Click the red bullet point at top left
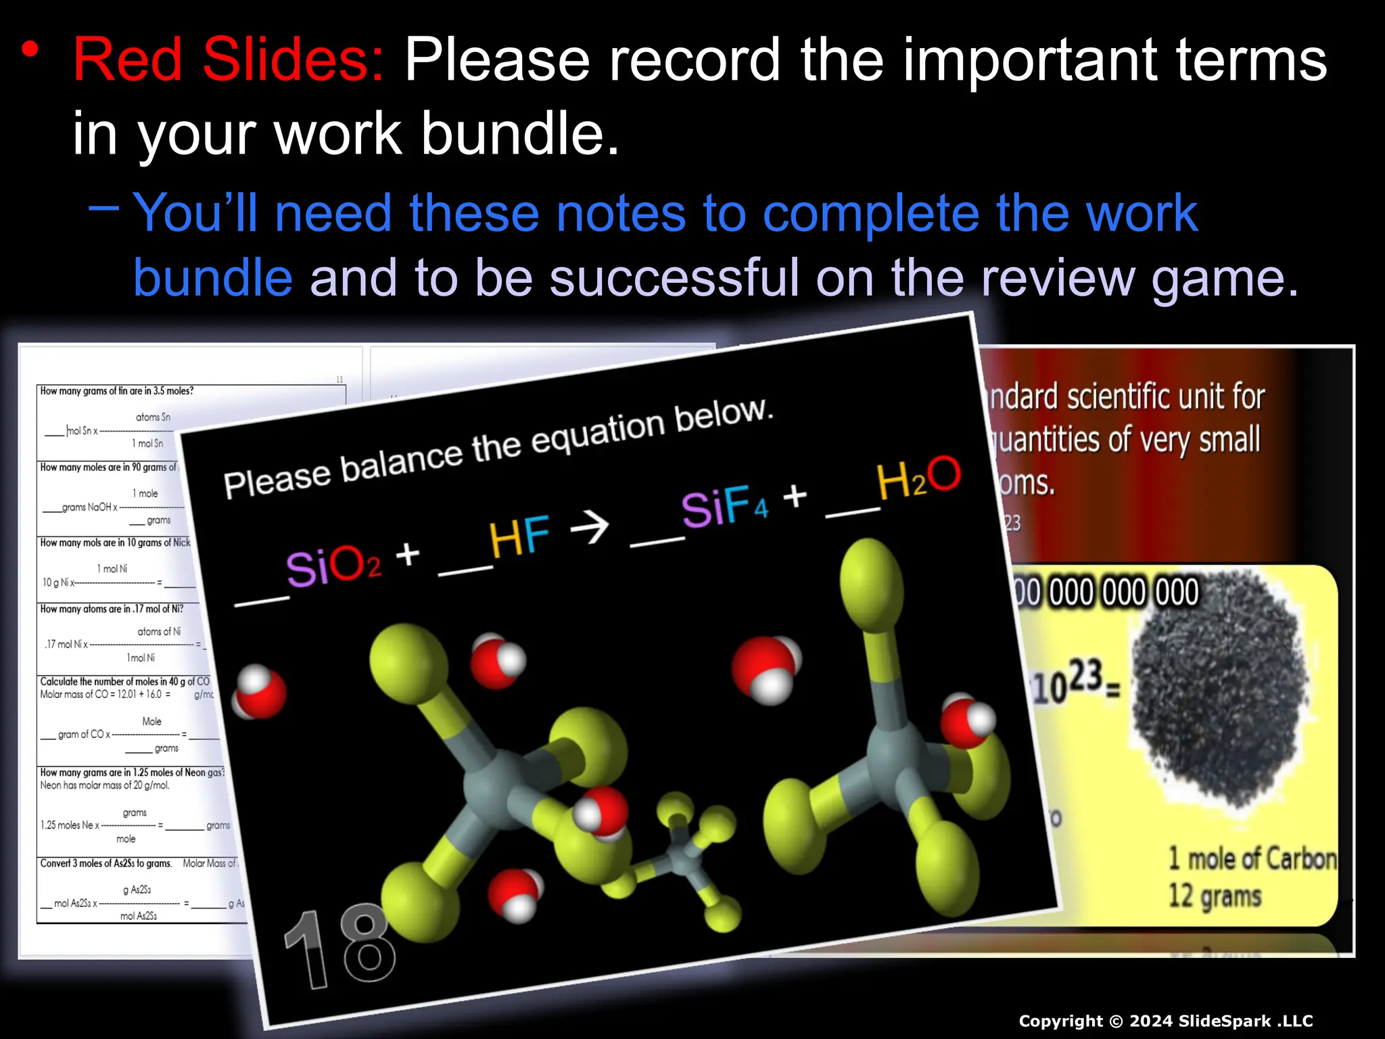point(30,50)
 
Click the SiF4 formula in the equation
point(724,505)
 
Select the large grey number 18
point(339,947)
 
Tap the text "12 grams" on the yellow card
point(1215,896)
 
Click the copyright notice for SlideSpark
point(1165,1021)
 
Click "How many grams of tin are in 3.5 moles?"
point(116,391)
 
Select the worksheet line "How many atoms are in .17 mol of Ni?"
point(112,609)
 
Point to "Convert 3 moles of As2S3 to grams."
point(106,863)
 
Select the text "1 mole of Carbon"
point(1252,858)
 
